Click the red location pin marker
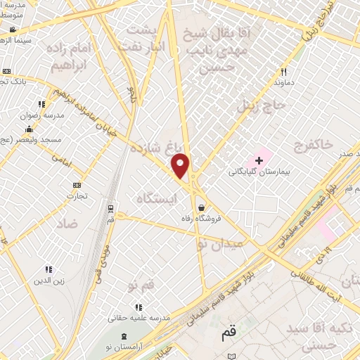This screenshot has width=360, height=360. [181, 166]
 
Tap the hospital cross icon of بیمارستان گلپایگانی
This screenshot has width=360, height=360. [259, 160]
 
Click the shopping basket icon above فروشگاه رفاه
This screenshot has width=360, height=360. [202, 207]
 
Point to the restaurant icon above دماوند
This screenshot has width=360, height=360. [284, 72]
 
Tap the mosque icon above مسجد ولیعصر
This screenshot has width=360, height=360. [28, 129]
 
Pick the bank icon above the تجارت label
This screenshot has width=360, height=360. [77, 185]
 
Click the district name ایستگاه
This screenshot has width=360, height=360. [158, 199]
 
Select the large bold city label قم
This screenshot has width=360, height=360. [229, 335]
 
